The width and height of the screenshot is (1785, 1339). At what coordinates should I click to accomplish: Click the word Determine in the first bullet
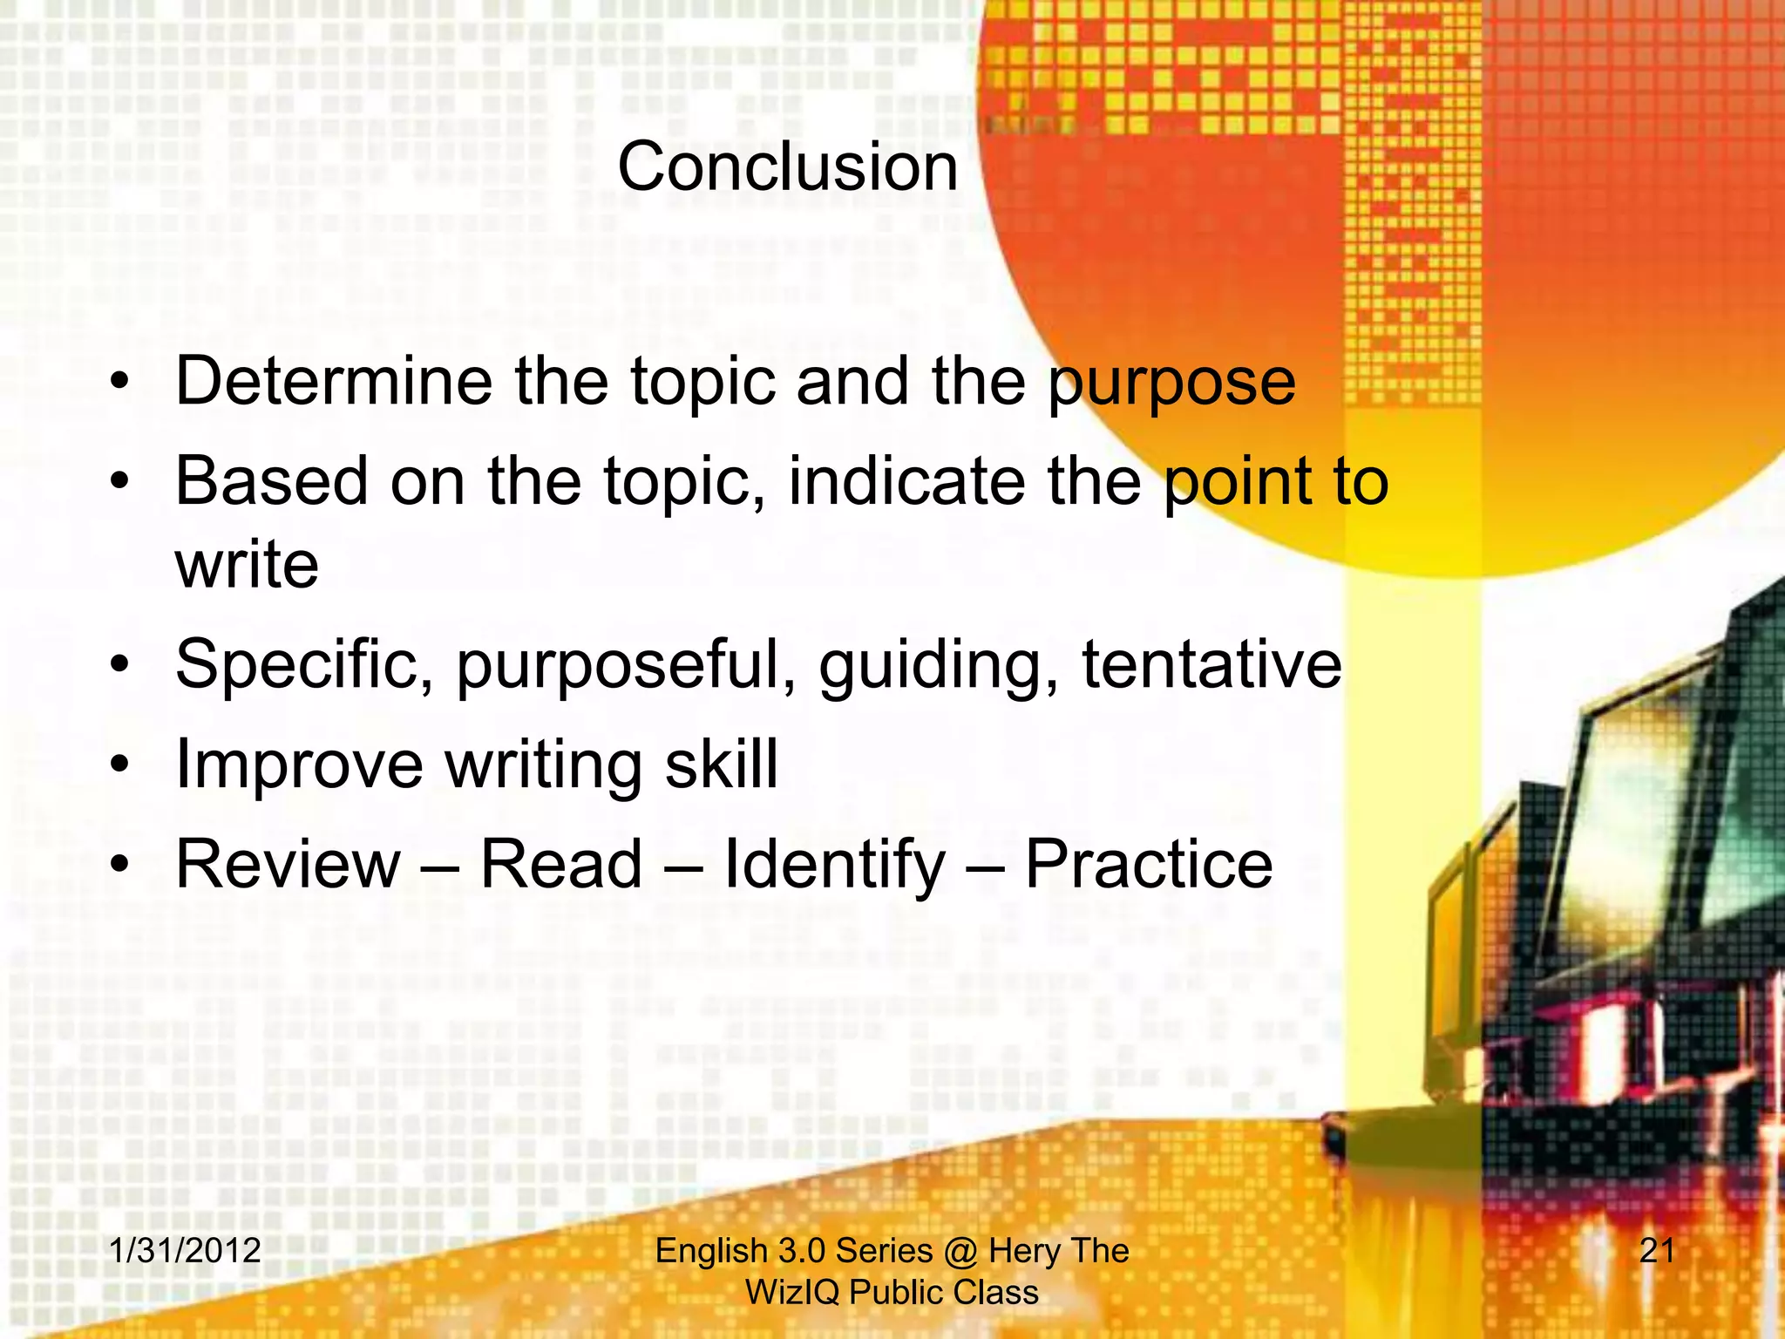(334, 381)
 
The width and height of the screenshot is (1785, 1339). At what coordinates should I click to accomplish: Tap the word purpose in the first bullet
(1171, 384)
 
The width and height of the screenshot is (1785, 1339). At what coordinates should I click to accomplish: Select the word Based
(271, 480)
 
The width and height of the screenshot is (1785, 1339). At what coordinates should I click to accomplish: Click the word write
(247, 564)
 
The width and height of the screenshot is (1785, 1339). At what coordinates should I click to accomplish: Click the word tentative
(1211, 664)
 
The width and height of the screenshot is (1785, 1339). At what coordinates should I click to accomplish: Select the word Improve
(299, 765)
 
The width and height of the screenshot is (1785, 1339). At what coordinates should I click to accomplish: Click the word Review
(288, 864)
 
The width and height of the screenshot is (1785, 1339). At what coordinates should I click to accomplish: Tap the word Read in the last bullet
(561, 864)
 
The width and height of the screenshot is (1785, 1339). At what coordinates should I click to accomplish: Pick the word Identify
(834, 866)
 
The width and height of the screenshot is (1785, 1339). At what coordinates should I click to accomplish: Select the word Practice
(1148, 864)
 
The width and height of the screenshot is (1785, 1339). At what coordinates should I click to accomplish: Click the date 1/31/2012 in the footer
(185, 1251)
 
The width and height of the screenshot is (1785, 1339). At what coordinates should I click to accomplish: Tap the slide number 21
(1657, 1251)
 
